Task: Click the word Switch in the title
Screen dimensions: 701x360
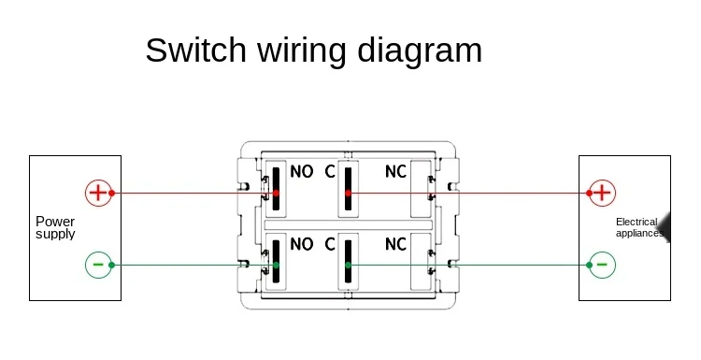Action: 196,50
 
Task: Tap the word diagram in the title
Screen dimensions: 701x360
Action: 420,52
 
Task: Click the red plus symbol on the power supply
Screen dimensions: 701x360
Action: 98,193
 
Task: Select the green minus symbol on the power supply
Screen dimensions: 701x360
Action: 98,265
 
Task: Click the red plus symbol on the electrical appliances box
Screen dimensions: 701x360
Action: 602,193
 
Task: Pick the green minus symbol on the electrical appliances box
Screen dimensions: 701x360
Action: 602,265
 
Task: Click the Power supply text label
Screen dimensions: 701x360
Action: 55,228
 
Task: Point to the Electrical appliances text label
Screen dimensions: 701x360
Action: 639,227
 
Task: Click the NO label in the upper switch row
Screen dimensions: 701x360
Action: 301,171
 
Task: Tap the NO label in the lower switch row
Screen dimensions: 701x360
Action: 301,244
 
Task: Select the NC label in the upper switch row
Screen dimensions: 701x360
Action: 395,171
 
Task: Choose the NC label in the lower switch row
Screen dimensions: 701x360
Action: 395,244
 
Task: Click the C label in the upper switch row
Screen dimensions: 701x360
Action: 330,171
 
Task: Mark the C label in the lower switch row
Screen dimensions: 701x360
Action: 330,244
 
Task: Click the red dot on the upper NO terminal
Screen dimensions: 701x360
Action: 276,194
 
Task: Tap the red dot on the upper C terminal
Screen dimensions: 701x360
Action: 349,194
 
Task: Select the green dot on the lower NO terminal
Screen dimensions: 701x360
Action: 276,266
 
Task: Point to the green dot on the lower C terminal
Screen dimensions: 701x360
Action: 349,266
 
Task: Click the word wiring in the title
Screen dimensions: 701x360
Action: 302,52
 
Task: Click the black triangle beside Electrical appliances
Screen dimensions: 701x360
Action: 665,227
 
